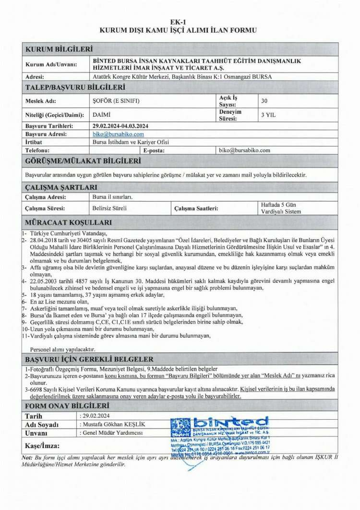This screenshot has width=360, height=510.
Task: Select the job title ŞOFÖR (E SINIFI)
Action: pyautogui.click(x=113, y=101)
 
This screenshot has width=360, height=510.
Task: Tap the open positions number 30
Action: pyautogui.click(x=264, y=101)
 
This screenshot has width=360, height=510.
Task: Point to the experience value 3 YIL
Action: pyautogui.click(x=267, y=115)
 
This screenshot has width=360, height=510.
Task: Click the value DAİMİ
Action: pyautogui.click(x=99, y=115)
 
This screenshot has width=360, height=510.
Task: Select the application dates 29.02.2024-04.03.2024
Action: pyautogui.click(x=120, y=126)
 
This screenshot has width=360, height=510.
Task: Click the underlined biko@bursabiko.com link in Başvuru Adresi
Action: pyautogui.click(x=118, y=134)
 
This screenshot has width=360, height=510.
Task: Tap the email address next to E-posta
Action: pyautogui.click(x=244, y=150)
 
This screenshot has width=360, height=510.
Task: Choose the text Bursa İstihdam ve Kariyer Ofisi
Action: pyautogui.click(x=130, y=142)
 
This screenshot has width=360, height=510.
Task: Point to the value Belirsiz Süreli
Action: pyautogui.click(x=109, y=208)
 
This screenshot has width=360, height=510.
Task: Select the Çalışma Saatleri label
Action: pyautogui.click(x=195, y=208)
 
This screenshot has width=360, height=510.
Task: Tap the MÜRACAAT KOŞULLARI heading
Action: pyautogui.click(x=68, y=222)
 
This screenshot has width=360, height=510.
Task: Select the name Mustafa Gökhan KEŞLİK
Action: pyautogui.click(x=113, y=425)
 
